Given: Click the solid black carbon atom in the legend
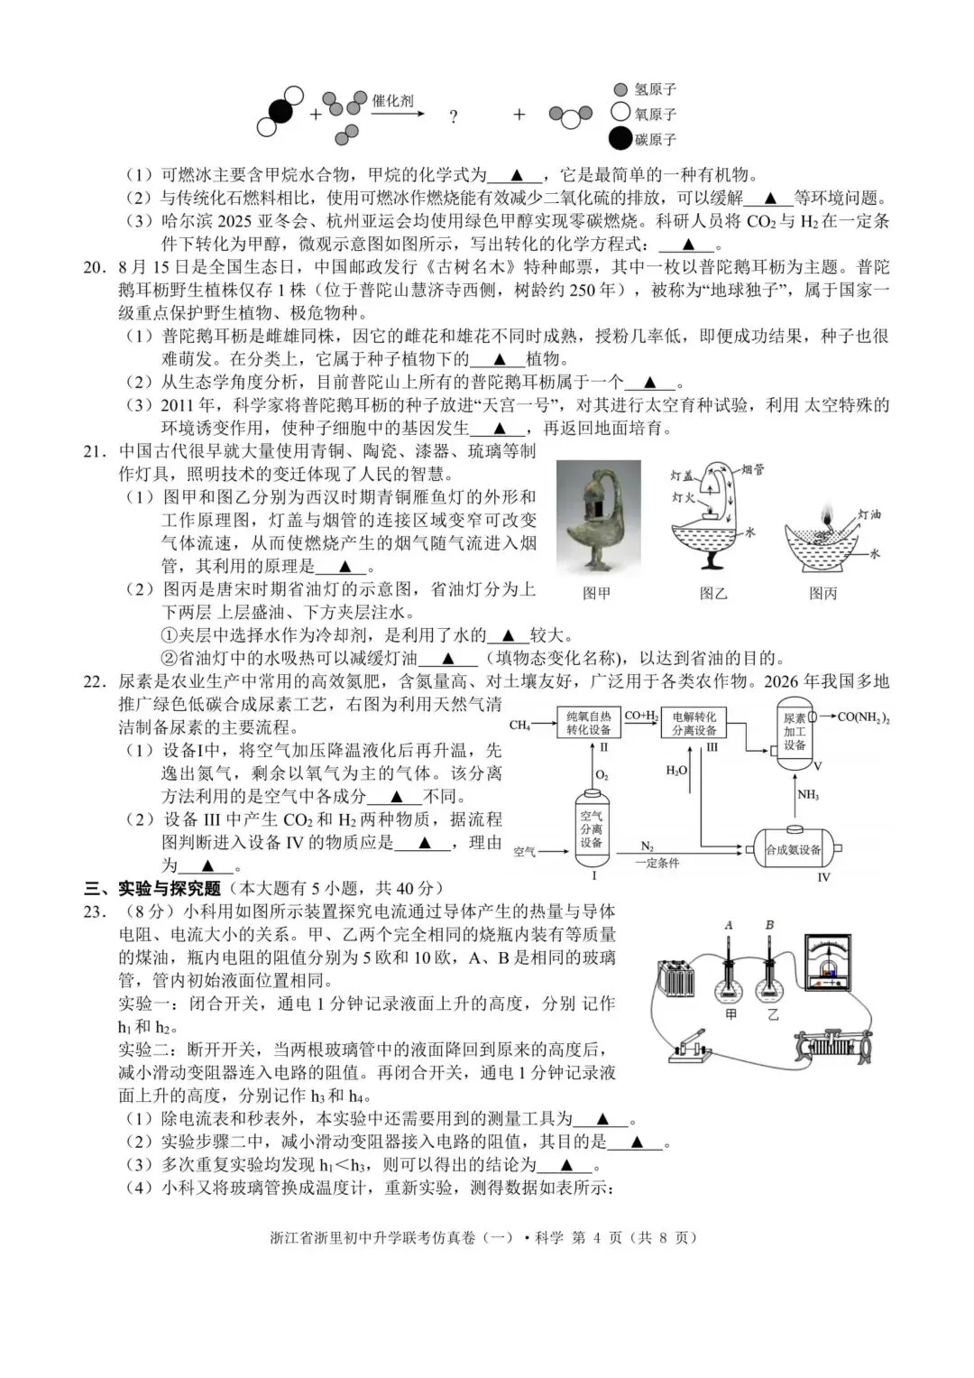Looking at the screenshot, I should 620,139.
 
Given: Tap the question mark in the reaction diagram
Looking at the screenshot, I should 453,116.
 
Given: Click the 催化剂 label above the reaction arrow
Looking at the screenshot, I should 393,100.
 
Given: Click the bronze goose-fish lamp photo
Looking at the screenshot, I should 598,517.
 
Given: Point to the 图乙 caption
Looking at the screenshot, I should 713,593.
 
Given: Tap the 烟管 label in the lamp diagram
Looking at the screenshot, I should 753,470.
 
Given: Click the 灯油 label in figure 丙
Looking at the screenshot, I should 869,513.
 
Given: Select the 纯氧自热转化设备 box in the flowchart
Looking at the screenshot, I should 588,723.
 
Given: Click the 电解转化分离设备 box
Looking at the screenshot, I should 694,723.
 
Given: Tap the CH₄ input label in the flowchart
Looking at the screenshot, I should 520,725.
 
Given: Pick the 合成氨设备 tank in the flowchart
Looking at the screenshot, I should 794,849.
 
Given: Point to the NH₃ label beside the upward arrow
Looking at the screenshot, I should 807,795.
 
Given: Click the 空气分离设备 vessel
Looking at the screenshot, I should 591,828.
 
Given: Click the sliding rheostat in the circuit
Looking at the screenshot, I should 831,1047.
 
